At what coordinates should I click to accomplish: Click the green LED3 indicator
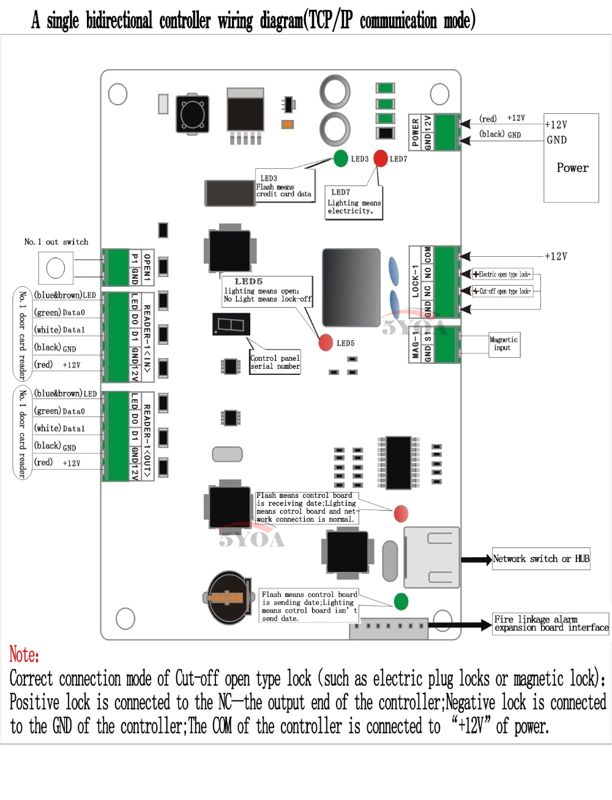tap(341, 158)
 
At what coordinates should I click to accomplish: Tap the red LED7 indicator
tap(381, 158)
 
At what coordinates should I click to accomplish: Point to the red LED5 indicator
tap(326, 343)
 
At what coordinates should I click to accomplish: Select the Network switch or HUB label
tap(541, 558)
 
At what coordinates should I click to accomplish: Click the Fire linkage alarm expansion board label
tap(551, 623)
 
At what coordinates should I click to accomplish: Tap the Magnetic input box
tap(503, 344)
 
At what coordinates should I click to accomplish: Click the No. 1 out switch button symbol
tap(56, 268)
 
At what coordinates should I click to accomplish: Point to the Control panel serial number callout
tap(275, 362)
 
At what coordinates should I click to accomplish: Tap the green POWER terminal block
tap(447, 132)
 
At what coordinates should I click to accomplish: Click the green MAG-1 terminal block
tap(447, 345)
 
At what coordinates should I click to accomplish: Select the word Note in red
tap(24, 655)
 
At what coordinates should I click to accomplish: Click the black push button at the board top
tap(193, 113)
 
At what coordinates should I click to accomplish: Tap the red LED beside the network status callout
tap(401, 513)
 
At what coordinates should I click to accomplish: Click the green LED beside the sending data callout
tap(401, 601)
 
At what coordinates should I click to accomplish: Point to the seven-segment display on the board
tap(231, 324)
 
